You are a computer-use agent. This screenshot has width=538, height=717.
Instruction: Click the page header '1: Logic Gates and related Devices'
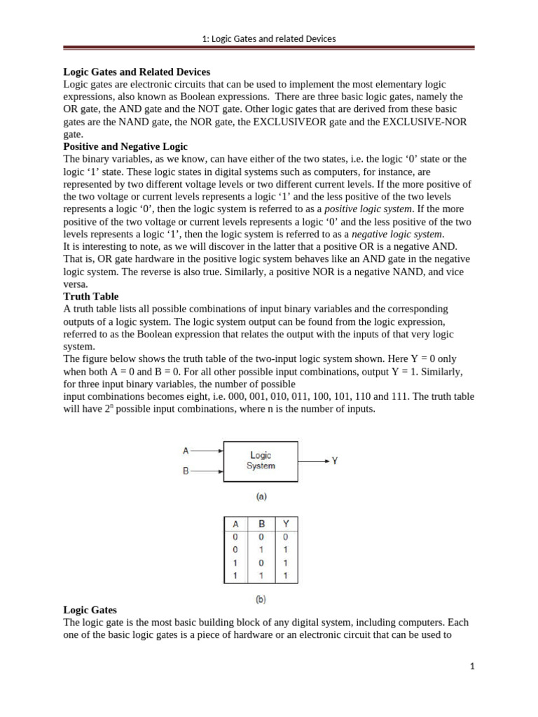click(269, 39)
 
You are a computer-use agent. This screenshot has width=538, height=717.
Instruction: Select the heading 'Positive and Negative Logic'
click(125, 146)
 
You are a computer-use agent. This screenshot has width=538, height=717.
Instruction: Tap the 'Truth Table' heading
click(91, 296)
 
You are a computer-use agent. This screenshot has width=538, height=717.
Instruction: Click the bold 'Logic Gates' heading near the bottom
click(90, 610)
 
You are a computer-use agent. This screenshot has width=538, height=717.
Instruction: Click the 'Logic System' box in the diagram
click(261, 461)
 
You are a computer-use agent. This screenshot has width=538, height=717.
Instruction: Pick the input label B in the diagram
click(186, 472)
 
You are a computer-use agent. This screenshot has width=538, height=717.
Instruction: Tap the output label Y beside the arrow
click(334, 461)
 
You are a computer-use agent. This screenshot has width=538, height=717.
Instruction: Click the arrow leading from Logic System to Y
click(312, 461)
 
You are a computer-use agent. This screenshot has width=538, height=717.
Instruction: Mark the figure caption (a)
click(261, 496)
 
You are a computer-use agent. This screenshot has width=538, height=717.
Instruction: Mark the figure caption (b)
click(261, 599)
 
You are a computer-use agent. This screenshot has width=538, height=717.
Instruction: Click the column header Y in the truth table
click(285, 524)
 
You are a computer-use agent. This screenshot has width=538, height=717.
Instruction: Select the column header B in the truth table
click(261, 524)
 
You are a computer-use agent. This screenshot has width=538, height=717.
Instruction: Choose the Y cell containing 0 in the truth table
click(285, 537)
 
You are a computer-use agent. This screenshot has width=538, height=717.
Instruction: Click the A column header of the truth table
click(235, 524)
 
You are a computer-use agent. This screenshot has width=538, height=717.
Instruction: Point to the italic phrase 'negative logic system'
click(397, 235)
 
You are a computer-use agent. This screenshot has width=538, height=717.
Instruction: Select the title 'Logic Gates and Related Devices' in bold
click(137, 71)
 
